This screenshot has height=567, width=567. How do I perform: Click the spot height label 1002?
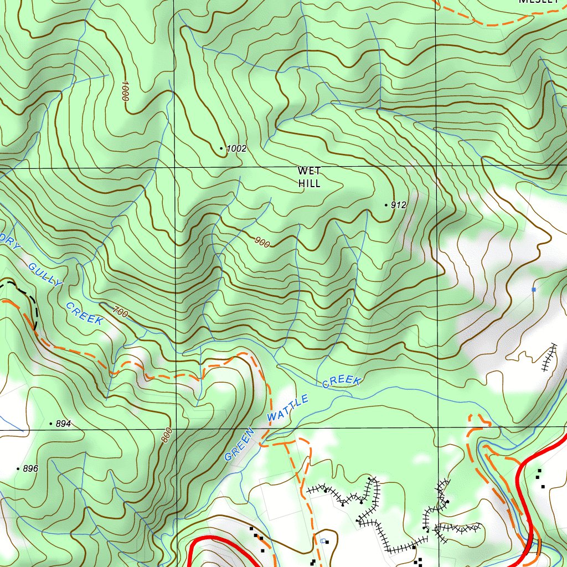click(x=236, y=148)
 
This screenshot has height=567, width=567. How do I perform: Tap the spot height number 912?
click(x=399, y=205)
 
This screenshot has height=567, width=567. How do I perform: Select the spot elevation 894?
click(x=64, y=424)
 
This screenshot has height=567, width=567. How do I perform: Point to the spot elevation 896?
click(x=31, y=468)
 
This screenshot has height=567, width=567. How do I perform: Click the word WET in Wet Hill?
click(x=309, y=171)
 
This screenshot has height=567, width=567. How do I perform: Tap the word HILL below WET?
click(x=309, y=183)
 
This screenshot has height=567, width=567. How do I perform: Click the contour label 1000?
click(x=124, y=90)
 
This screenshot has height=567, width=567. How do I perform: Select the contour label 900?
click(x=262, y=242)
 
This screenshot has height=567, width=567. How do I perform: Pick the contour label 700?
click(x=120, y=313)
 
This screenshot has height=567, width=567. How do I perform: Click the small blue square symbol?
click(x=534, y=290)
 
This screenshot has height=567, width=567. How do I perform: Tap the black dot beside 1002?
click(x=221, y=148)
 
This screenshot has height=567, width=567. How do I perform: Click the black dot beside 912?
click(x=386, y=205)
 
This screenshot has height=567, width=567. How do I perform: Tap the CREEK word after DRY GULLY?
click(x=84, y=313)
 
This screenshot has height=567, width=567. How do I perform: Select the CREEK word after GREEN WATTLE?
click(x=342, y=382)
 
